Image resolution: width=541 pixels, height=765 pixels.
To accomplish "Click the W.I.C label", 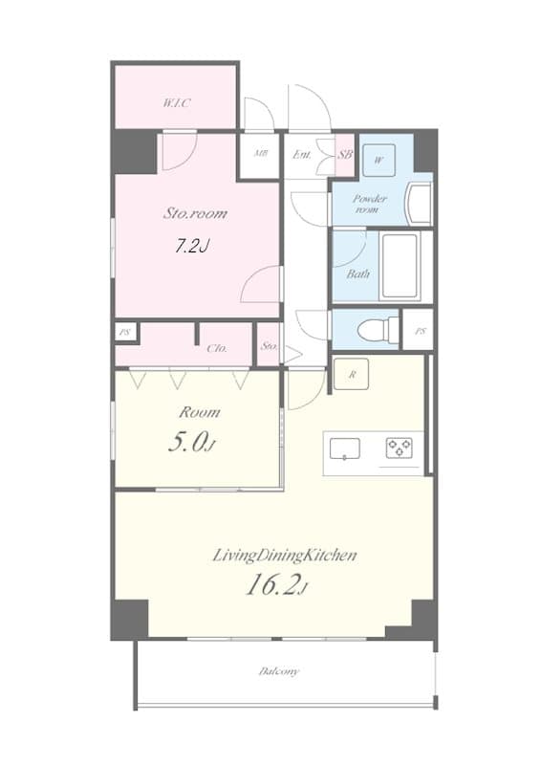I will (177, 102).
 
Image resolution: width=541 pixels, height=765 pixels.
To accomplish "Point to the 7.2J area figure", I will (191, 246).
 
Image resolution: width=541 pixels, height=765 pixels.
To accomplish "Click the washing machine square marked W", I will (379, 160).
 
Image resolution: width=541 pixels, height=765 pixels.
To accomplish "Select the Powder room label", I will (371, 204).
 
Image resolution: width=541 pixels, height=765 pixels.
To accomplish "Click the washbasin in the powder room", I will (419, 202).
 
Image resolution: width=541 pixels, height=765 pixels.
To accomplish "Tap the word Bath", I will (358, 273).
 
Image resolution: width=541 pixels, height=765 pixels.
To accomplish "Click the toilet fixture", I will (375, 330).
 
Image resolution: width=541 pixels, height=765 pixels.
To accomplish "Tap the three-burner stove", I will (399, 448).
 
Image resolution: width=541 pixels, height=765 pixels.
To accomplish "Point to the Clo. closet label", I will (216, 348).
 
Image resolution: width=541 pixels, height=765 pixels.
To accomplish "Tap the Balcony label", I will (278, 671).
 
